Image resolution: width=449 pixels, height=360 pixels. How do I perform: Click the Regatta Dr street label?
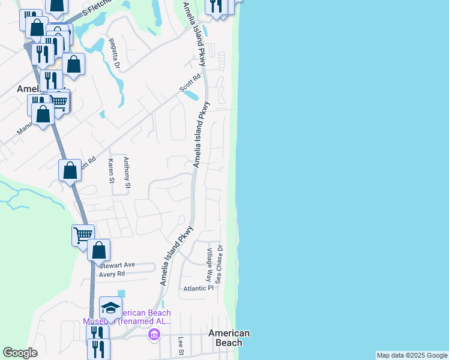[x=114, y=53]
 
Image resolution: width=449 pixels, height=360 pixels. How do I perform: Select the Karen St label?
[x=111, y=170]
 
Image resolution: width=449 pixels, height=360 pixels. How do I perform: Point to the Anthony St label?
[x=127, y=173]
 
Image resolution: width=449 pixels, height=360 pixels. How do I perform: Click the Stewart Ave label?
[x=118, y=265]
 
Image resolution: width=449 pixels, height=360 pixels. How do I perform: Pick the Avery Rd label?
[x=112, y=274]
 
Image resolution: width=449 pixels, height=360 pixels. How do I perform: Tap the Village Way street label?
[x=209, y=265]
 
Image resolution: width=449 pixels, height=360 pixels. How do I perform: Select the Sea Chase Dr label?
[x=220, y=264]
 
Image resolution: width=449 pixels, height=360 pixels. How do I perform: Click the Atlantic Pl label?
[x=199, y=289]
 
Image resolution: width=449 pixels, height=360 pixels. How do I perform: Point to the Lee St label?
[x=181, y=345]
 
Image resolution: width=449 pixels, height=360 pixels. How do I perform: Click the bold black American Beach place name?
[x=229, y=338]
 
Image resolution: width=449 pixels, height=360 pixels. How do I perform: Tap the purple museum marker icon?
[x=154, y=334]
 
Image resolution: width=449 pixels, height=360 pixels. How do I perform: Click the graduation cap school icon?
[x=110, y=308]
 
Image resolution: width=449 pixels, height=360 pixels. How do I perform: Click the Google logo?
[x=20, y=353]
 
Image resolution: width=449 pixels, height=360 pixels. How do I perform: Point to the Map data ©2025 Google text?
[x=412, y=355]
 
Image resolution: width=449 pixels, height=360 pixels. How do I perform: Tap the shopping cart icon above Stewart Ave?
[x=83, y=235]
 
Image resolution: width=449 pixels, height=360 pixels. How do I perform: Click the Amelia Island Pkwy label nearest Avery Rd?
[x=178, y=255]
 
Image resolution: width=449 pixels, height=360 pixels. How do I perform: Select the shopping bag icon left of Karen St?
[x=70, y=170]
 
